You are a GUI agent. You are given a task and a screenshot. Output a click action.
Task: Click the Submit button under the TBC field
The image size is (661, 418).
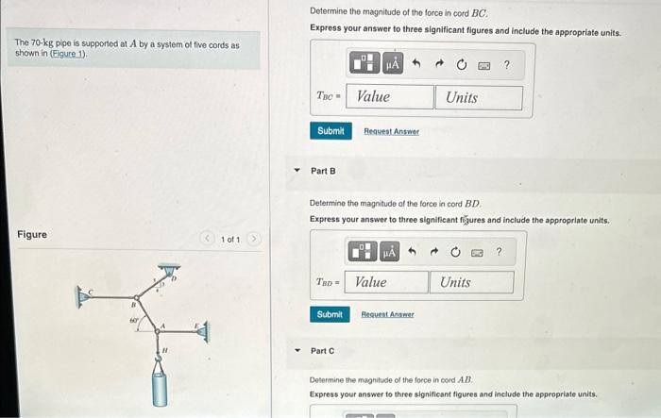pos(330,131)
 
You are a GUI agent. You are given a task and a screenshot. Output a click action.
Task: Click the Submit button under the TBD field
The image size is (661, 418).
pos(330,314)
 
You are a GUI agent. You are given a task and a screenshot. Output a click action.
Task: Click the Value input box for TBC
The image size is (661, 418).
pos(390,97)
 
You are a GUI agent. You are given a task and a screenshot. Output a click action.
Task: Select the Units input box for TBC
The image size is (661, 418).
pos(478,97)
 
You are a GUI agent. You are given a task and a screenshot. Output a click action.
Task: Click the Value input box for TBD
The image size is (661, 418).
pos(386,282)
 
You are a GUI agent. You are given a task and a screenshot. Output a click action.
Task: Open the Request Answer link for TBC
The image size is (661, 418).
pos(391,131)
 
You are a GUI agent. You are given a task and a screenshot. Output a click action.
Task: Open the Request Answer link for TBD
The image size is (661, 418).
pos(388,314)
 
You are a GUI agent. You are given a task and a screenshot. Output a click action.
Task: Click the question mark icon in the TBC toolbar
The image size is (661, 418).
pos(507,65)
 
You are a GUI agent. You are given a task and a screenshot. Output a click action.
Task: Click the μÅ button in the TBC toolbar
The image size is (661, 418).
pos(392,65)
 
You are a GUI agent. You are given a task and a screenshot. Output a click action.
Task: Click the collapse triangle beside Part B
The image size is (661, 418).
pos(297,171)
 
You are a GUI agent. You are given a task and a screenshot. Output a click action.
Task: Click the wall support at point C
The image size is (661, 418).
pos(86,296)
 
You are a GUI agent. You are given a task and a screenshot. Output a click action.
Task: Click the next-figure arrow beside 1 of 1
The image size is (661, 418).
pos(253,240)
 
